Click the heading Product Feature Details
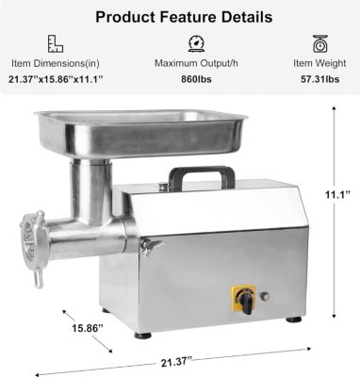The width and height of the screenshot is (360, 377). pos(180,17)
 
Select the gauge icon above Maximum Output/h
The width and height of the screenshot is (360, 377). pos(197,43)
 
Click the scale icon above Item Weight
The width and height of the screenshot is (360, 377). pos(319,43)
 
